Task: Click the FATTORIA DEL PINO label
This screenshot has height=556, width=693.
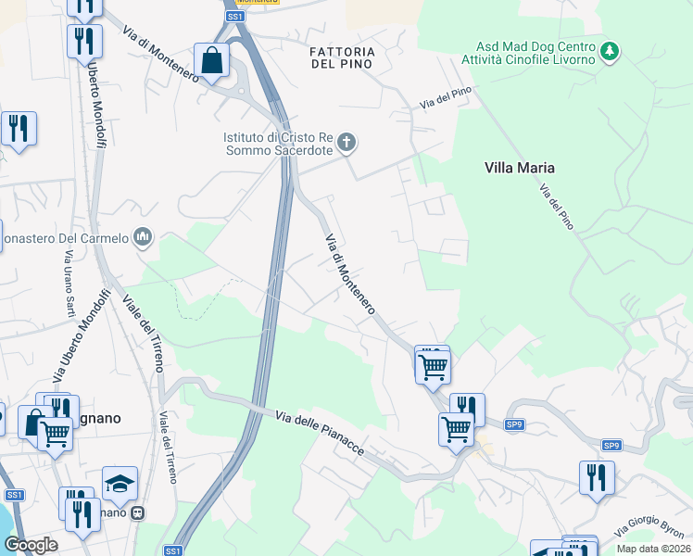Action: coord(342,57)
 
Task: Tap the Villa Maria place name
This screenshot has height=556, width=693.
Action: coord(519,168)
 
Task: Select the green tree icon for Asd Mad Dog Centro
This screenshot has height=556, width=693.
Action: coord(610,52)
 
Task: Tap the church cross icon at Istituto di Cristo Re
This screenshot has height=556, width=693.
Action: coord(346,143)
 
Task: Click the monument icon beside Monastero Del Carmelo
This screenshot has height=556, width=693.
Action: coord(142,238)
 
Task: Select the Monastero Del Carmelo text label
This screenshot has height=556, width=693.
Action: coord(63,238)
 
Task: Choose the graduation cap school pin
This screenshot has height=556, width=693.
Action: coord(120,484)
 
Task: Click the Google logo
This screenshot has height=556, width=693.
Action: coord(31,544)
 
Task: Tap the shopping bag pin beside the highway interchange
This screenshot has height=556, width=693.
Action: coord(212,60)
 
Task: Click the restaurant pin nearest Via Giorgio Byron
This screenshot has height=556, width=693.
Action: coord(597,477)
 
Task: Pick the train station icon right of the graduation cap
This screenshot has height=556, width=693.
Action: coord(138,512)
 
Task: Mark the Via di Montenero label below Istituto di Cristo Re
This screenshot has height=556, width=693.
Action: coord(349,273)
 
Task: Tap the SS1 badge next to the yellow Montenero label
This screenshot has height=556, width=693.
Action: coord(235,17)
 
